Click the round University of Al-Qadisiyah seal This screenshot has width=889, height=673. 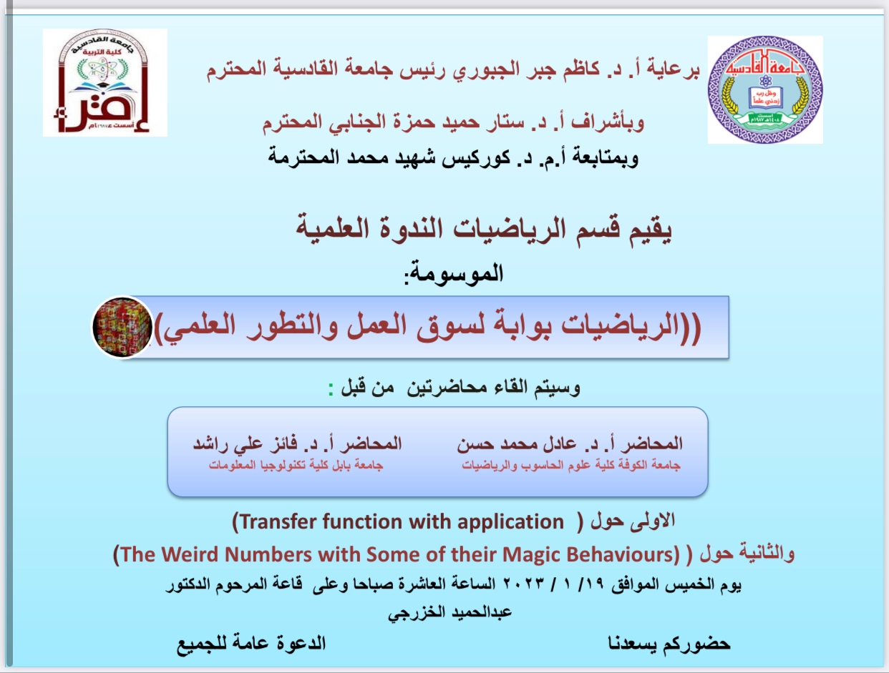(x=765, y=90)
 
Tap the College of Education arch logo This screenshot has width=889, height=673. (x=105, y=82)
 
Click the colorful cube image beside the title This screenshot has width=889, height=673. (x=122, y=328)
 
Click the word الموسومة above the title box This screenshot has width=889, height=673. (x=456, y=273)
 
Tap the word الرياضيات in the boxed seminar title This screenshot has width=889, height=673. (x=620, y=326)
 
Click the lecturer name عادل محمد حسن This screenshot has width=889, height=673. (x=516, y=444)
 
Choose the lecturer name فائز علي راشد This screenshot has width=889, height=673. (x=246, y=444)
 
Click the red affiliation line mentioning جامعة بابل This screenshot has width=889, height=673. (x=296, y=466)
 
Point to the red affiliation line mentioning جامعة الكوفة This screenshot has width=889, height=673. (x=571, y=466)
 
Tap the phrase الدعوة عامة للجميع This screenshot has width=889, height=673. (x=251, y=644)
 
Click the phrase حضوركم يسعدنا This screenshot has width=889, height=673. (x=669, y=644)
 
